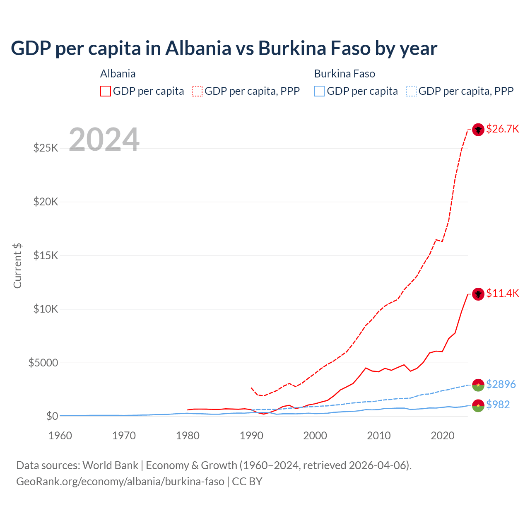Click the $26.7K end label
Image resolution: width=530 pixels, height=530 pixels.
pos(502,129)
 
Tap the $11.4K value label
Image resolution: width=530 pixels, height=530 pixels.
pos(502,294)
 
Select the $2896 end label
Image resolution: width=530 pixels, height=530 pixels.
pos(501,385)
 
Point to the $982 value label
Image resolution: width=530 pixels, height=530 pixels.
pos(498,405)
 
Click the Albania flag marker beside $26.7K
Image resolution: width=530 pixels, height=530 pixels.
pos(478,130)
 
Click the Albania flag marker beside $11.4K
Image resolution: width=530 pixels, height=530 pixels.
pos(478,294)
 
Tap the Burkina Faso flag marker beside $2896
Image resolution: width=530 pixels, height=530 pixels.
pos(478,385)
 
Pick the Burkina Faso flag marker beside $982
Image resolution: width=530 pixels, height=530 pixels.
pos(478,405)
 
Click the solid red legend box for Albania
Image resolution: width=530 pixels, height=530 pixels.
pos(106,91)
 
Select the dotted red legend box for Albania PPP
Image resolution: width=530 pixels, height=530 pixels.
pos(197,91)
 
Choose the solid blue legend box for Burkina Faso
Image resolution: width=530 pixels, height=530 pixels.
pos(319,91)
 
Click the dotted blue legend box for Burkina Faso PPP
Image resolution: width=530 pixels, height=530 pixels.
pos(411,91)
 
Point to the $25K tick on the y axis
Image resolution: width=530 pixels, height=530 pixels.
pos(46,148)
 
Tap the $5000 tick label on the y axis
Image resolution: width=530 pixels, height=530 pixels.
pos(43,363)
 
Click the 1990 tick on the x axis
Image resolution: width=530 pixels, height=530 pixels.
pos(251,436)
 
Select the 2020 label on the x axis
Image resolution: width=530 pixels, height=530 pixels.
pos(443,436)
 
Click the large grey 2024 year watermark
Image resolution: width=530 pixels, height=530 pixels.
pos(104,140)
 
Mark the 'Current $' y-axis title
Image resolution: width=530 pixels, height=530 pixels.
pos(17,266)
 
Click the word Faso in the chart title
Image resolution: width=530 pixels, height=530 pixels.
pos(350,48)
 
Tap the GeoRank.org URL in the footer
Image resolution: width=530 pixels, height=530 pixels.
pos(120,482)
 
